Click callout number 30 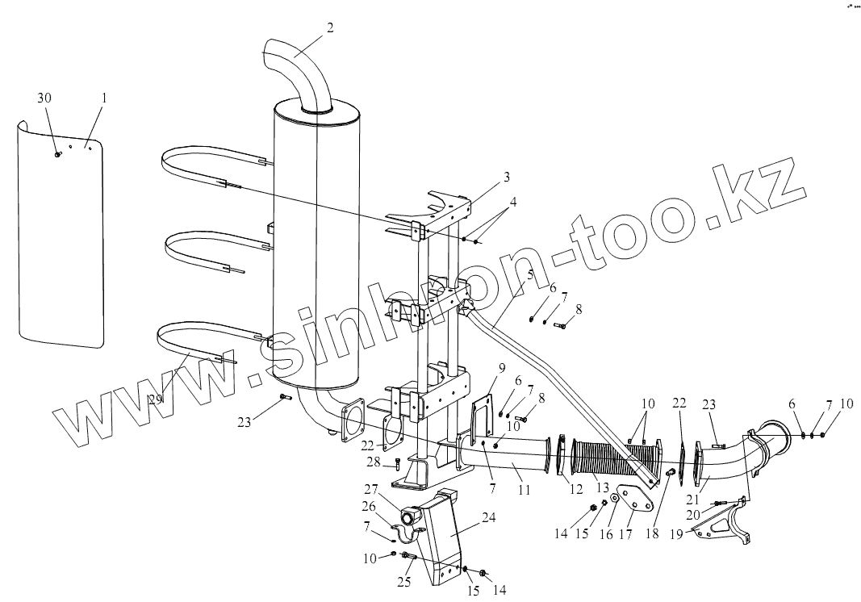point(44,98)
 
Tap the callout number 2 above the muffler point(330,27)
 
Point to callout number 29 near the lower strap point(155,398)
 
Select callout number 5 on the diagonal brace point(530,274)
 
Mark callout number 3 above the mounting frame point(506,176)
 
